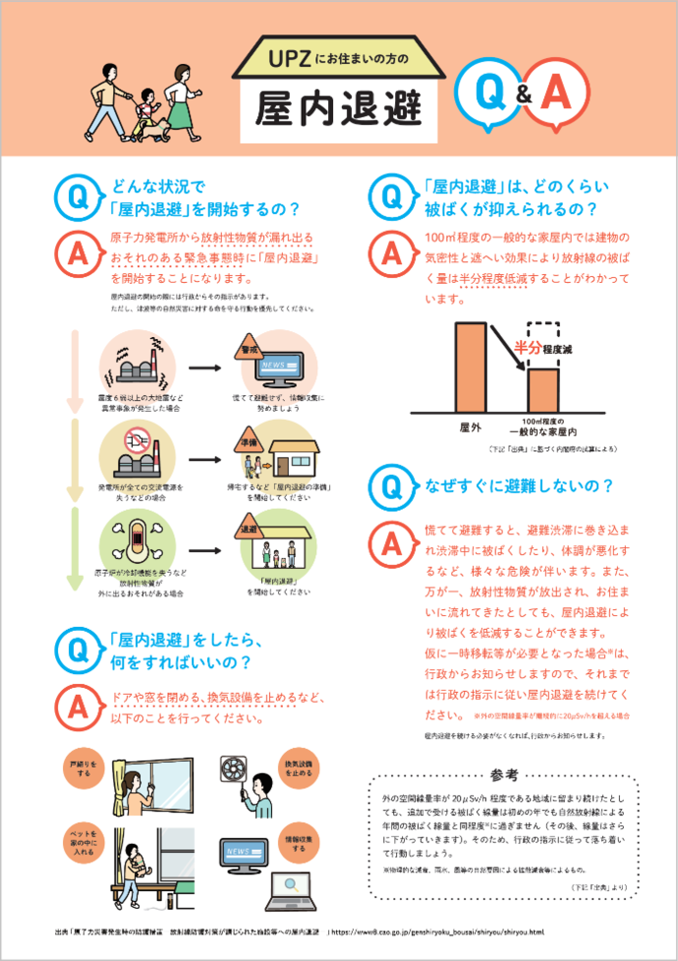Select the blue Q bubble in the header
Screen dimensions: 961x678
(487, 93)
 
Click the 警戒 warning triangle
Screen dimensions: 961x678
(248, 351)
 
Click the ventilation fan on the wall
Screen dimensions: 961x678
(233, 767)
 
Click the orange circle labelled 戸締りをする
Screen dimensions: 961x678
(81, 767)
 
